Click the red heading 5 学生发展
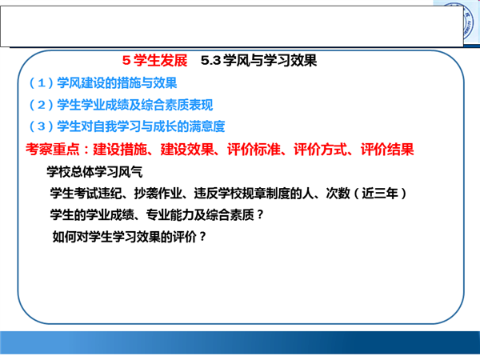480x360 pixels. point(154,60)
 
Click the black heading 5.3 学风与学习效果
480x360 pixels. point(258,60)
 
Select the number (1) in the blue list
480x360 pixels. point(42,83)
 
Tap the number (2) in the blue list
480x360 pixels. point(42,105)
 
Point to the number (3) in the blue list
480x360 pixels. point(42,126)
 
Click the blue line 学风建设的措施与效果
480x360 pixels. point(117,83)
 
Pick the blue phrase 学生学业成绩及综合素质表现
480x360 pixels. point(135,105)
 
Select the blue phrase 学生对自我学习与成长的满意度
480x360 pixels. point(141,126)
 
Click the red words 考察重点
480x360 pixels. point(53,150)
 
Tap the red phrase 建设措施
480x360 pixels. point(120,150)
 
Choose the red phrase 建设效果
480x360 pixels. point(187,150)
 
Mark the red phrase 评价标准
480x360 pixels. point(254,150)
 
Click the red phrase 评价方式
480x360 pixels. point(321,150)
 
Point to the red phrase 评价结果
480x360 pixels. point(387,150)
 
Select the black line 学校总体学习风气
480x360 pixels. point(94,172)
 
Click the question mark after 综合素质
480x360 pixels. point(260,215)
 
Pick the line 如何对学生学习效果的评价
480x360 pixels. point(124,237)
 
